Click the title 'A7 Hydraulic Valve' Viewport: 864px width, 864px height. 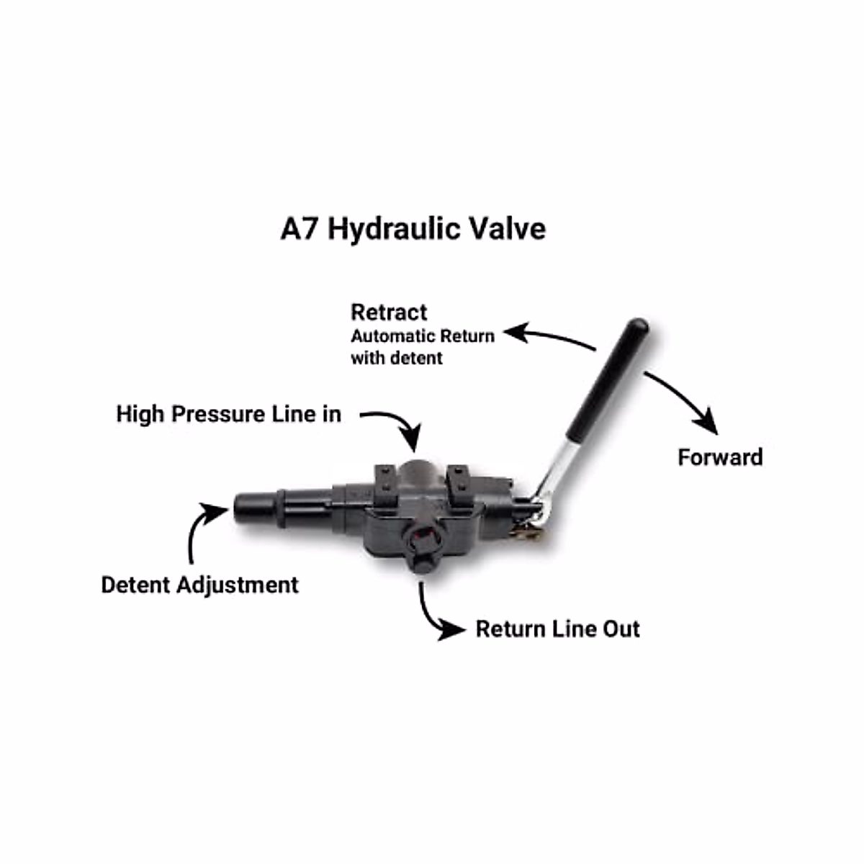coord(413,229)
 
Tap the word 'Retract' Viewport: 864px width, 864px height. coord(389,312)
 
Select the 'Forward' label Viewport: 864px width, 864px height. coord(720,457)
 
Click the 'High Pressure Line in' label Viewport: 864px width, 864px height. coord(228,414)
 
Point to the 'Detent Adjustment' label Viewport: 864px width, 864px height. coord(199,585)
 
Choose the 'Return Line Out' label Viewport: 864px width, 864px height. coord(557,629)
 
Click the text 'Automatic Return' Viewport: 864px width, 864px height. coord(423,336)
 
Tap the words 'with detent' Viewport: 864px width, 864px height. coord(397,358)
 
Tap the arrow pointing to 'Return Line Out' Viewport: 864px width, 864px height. coord(436,612)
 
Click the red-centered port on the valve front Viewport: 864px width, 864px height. coord(420,536)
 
